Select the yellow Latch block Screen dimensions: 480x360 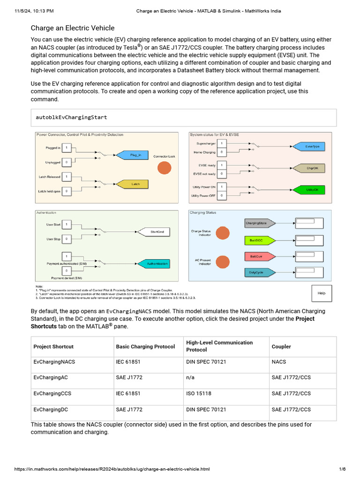pos(135,184)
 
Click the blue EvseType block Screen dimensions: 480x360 pos(309,147)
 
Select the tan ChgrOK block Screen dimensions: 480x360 pos(311,168)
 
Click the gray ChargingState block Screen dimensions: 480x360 pos(258,223)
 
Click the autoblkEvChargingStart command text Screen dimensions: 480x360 pos(71,117)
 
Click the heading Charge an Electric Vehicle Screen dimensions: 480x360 pos(73,28)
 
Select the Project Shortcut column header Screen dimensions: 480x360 pos(53,347)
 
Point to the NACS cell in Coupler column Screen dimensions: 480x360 pos(279,362)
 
